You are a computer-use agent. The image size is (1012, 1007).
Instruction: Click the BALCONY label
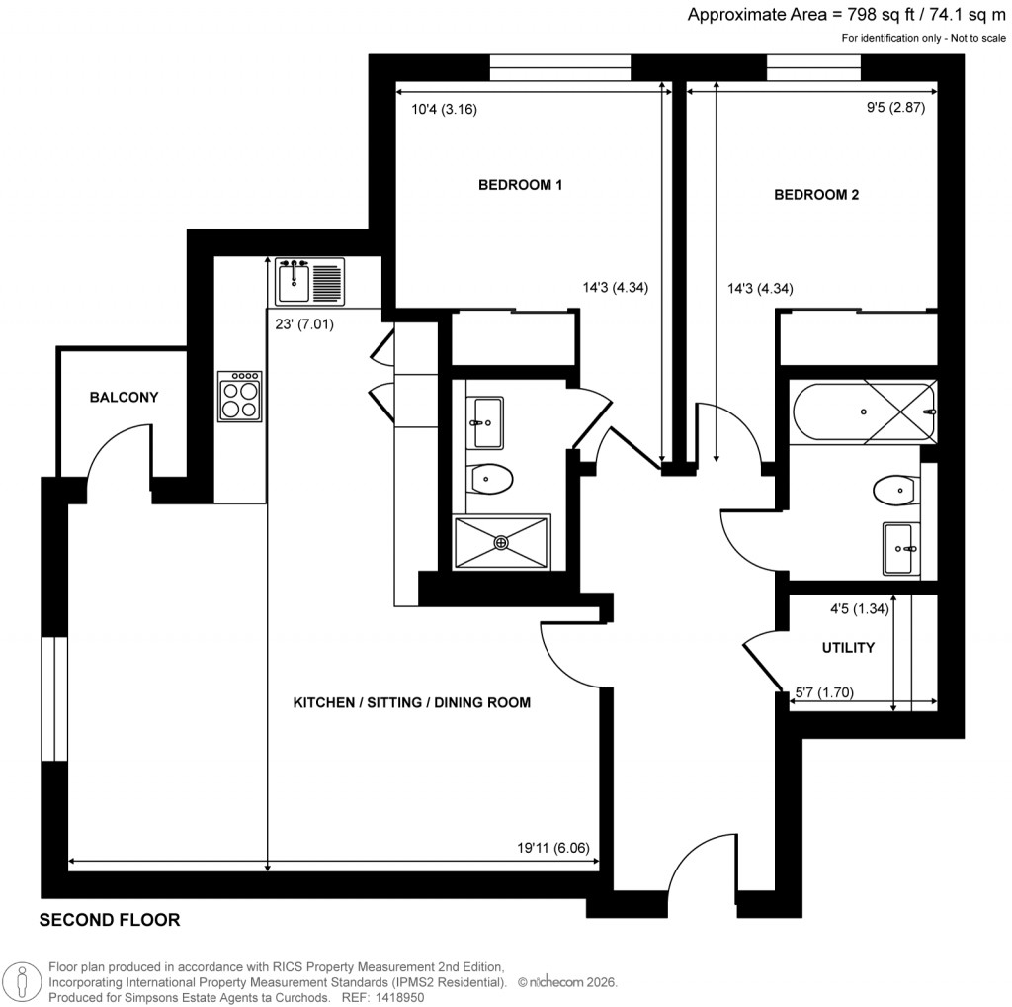(124, 398)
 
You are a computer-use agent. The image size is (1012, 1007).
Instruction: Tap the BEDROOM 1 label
(521, 185)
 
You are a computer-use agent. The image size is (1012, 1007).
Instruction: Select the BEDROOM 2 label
(815, 195)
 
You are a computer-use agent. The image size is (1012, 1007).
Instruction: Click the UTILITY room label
(848, 648)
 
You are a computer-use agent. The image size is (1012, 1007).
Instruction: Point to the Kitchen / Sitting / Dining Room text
(412, 703)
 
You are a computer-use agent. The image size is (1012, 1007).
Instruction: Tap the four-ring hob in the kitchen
(241, 396)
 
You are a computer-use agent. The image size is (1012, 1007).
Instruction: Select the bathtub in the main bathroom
(862, 412)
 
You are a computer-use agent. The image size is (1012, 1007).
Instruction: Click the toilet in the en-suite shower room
(491, 480)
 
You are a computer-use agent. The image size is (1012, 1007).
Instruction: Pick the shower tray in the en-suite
(501, 542)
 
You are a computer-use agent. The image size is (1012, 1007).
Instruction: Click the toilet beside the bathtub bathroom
(893, 490)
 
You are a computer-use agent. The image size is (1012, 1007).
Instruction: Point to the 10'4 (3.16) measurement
(444, 110)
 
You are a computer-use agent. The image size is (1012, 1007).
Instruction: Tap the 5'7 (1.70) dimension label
(829, 692)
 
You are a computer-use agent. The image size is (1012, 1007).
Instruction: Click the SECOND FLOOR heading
(110, 920)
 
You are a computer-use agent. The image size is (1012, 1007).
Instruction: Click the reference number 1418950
(395, 998)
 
